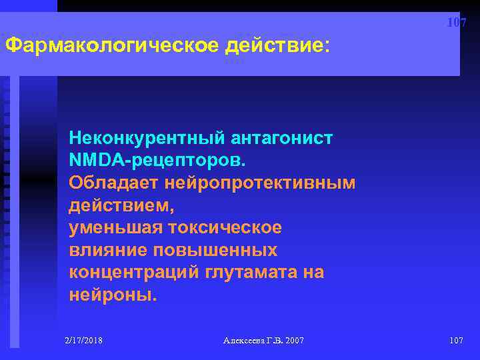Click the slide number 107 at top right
pos(456,23)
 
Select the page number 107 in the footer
pos(456,341)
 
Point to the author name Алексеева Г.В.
pos(250,341)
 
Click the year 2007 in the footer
pos(293,341)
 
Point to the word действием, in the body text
pos(111,205)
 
